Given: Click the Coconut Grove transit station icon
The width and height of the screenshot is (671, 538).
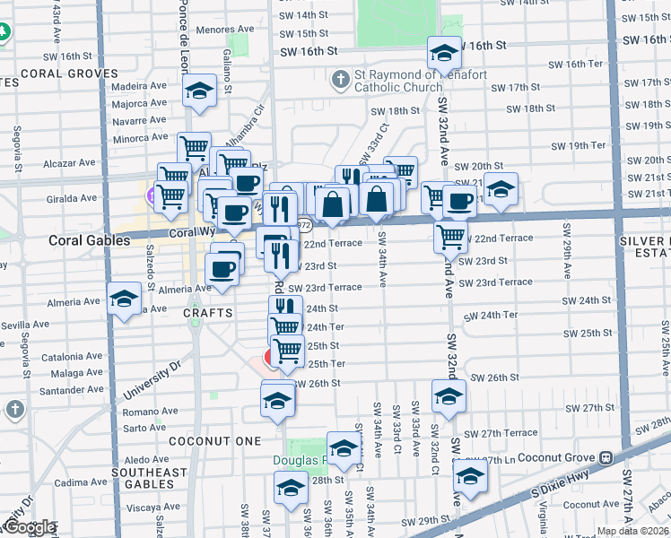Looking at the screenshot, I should pyautogui.click(x=606, y=457).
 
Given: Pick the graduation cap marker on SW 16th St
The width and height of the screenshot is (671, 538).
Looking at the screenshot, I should pyautogui.click(x=443, y=54).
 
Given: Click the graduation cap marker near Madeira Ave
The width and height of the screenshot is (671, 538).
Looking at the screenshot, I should pyautogui.click(x=199, y=91).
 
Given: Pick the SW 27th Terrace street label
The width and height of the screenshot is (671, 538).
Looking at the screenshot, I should pyautogui.click(x=508, y=433).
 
